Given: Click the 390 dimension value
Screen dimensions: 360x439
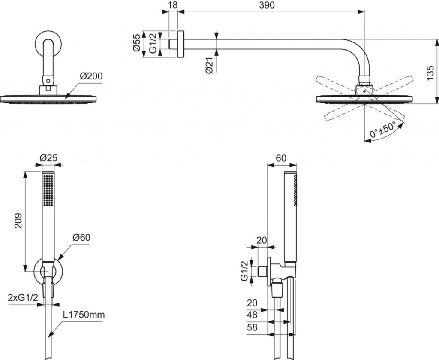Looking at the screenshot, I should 266,5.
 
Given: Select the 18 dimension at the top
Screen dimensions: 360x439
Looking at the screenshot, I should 173,5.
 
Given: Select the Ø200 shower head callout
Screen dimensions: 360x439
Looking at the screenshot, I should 91,76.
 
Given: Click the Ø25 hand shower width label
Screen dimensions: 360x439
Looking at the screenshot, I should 48,158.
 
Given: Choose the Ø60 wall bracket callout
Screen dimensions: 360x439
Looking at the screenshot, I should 81,237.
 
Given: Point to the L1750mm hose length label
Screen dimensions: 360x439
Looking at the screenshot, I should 84,315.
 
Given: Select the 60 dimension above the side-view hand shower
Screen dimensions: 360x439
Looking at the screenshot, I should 281,158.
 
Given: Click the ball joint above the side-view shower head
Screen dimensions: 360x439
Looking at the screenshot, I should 364,89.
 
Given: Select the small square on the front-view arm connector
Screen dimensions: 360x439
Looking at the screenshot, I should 48,80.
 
